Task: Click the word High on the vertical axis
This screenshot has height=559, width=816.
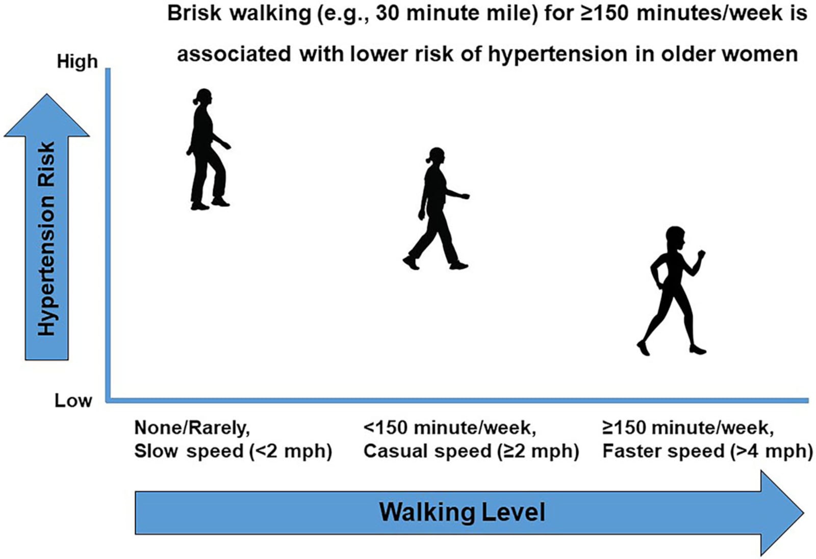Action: coord(77,62)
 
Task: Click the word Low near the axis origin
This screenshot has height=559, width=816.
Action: coord(73,400)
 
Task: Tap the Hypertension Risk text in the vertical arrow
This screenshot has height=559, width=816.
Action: coord(46,239)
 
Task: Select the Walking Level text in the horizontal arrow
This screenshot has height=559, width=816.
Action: coord(462,513)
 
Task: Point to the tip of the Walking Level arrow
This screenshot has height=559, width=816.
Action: coord(803,513)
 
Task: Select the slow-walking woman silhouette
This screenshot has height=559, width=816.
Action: coord(209,149)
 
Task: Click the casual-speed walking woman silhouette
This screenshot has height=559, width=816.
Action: coord(436,209)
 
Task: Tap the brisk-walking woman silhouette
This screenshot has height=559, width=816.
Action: coord(671,291)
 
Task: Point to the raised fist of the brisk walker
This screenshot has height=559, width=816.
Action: coord(701,254)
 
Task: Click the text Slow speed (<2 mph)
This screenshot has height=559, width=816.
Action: coord(233,451)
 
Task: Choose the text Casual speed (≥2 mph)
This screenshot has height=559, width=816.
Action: coord(471,451)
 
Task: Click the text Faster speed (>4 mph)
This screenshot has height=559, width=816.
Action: coord(707,451)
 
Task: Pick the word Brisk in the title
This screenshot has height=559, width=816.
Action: coord(194,14)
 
